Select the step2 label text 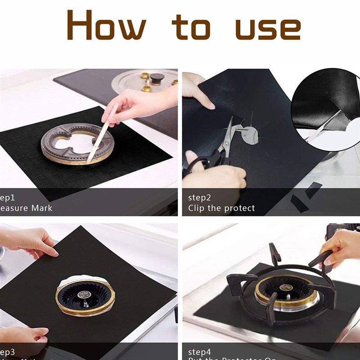(200, 198)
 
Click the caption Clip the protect (221, 208)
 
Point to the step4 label (200, 352)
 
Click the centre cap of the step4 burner (284, 287)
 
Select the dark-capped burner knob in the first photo (157, 79)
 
